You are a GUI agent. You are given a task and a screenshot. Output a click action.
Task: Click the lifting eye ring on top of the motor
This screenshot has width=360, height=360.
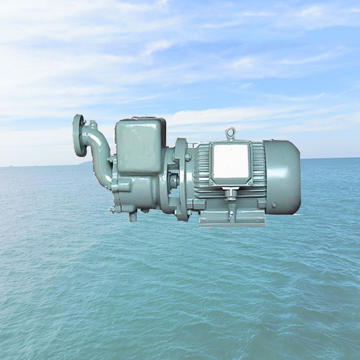pyautogui.click(x=230, y=133)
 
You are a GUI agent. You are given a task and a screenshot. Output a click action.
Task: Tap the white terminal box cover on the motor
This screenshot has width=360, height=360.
pyautogui.click(x=231, y=162)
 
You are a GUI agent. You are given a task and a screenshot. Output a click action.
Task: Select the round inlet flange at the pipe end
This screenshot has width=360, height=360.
pyautogui.click(x=79, y=136)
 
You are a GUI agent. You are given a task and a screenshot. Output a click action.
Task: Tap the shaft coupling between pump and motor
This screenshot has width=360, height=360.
pyautogui.click(x=173, y=180)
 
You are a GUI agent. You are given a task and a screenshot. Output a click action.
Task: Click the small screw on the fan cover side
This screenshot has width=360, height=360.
pyautogui.click(x=274, y=205)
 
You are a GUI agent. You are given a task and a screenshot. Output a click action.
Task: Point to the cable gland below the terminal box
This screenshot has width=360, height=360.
pyautogui.click(x=230, y=193)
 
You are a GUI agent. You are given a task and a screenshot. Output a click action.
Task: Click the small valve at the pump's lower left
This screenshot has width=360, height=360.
pyautogui.click(x=112, y=209)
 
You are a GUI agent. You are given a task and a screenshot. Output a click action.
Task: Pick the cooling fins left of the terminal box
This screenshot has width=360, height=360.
pyautogui.click(x=202, y=165)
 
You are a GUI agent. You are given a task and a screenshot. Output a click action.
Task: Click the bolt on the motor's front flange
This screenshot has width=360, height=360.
pyautogui.click(x=188, y=157)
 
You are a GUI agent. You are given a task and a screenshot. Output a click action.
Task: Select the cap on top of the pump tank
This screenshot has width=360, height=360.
pyautogui.click(x=142, y=119)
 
